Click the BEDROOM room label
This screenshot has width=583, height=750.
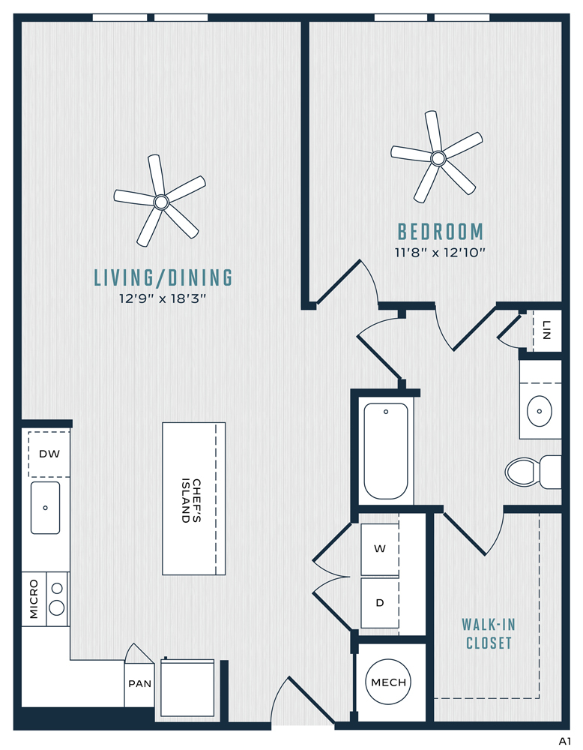(x=440, y=232)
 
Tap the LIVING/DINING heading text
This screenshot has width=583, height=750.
(x=163, y=277)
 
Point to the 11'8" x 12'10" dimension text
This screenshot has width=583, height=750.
(x=440, y=252)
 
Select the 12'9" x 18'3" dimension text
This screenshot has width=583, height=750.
(x=163, y=298)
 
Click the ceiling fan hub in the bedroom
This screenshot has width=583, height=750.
(x=438, y=157)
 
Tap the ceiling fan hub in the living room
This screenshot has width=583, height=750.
(x=161, y=202)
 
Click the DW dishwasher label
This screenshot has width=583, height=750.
(x=49, y=454)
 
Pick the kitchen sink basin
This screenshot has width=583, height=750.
(x=46, y=508)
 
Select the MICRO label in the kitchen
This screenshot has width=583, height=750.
(x=34, y=598)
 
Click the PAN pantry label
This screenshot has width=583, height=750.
(x=139, y=684)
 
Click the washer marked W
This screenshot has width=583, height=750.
(x=380, y=549)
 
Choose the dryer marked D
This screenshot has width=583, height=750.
(x=380, y=603)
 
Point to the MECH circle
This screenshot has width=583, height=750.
(x=388, y=682)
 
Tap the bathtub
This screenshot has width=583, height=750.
(x=386, y=451)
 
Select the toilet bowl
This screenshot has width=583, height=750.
(x=522, y=472)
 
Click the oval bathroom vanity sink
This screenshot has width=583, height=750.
(x=540, y=411)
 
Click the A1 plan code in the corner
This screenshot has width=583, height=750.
(x=565, y=742)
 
